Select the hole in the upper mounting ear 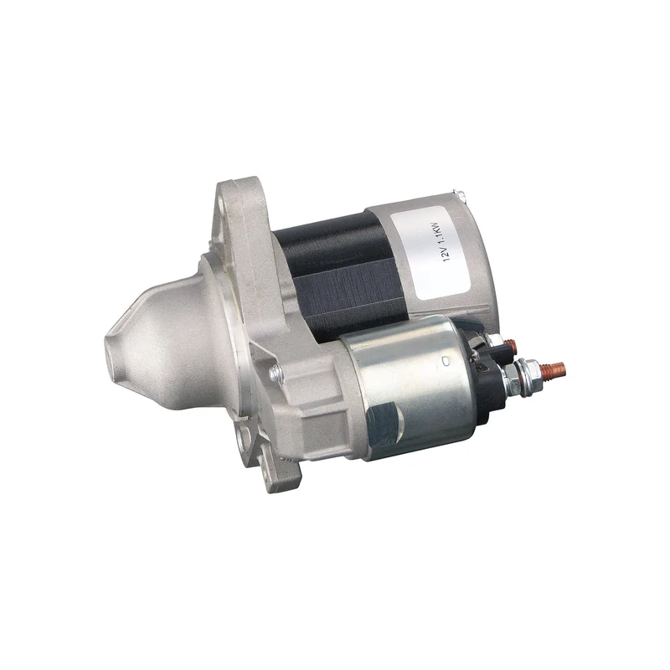point(232,201)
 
